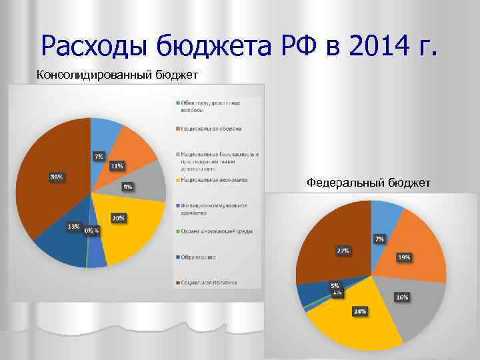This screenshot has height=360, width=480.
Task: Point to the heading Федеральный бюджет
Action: [x=368, y=182]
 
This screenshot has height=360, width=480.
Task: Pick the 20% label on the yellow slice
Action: [x=118, y=218]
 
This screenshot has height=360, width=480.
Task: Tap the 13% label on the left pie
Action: [x=73, y=226]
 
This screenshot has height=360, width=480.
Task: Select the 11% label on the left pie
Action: [x=117, y=165]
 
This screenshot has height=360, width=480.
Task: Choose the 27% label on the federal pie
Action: [x=343, y=251]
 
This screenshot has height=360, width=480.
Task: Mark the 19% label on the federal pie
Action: [x=404, y=257]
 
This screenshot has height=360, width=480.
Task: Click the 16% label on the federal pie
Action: [x=402, y=297]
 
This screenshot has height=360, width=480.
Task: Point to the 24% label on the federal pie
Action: [x=359, y=311]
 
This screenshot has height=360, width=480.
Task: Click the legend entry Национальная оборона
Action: [x=211, y=128]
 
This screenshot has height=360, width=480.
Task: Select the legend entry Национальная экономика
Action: [x=214, y=179]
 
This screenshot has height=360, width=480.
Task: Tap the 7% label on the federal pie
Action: [x=379, y=238]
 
